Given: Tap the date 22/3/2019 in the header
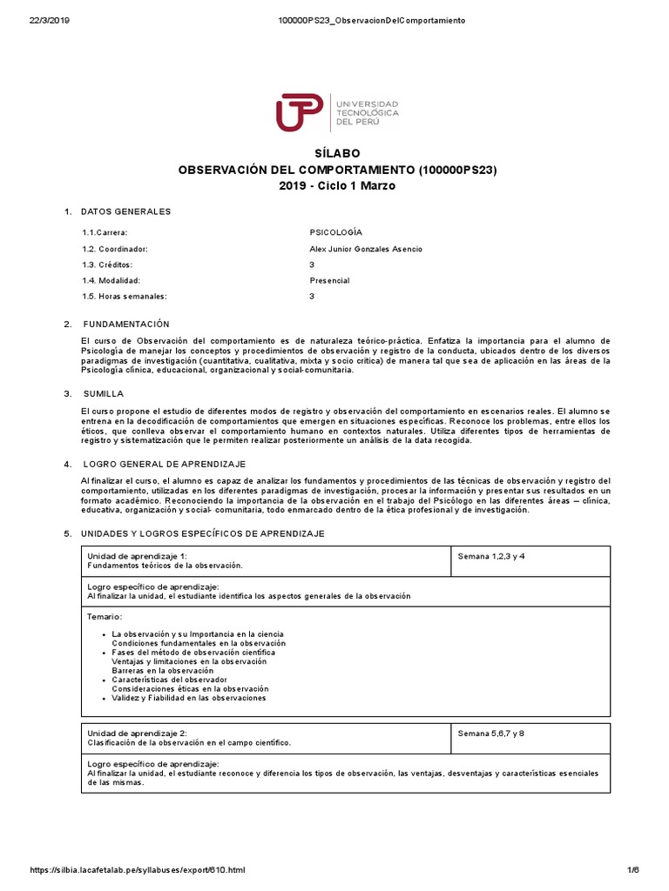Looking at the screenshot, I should click(x=50, y=21).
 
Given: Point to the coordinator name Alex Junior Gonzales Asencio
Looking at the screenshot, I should click(x=366, y=249).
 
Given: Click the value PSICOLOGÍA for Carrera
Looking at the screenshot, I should click(x=335, y=232).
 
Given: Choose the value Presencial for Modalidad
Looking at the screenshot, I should click(x=329, y=280).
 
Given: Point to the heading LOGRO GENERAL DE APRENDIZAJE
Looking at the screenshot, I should click(x=164, y=464).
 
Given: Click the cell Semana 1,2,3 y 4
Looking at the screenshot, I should click(x=491, y=556).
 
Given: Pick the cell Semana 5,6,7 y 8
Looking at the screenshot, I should click(x=491, y=734).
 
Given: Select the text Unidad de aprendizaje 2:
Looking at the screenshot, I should click(x=138, y=734).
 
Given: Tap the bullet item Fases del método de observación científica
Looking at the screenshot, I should click(x=193, y=652).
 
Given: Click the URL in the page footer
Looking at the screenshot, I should click(x=138, y=870).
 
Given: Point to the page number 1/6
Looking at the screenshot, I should click(x=633, y=870).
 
